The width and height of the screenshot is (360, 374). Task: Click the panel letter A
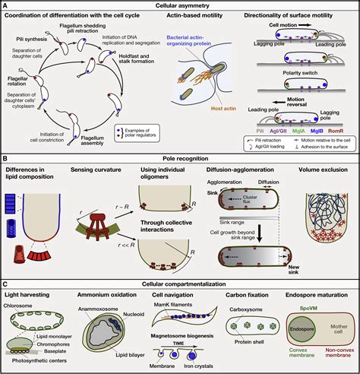5,5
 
